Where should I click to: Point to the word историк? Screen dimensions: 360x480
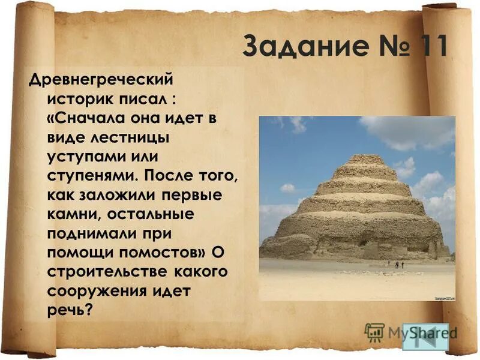pyautogui.click(x=85, y=98)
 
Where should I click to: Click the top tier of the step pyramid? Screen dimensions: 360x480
pyautogui.click(x=365, y=159)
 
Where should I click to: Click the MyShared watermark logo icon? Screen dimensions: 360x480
pyautogui.click(x=374, y=331)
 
